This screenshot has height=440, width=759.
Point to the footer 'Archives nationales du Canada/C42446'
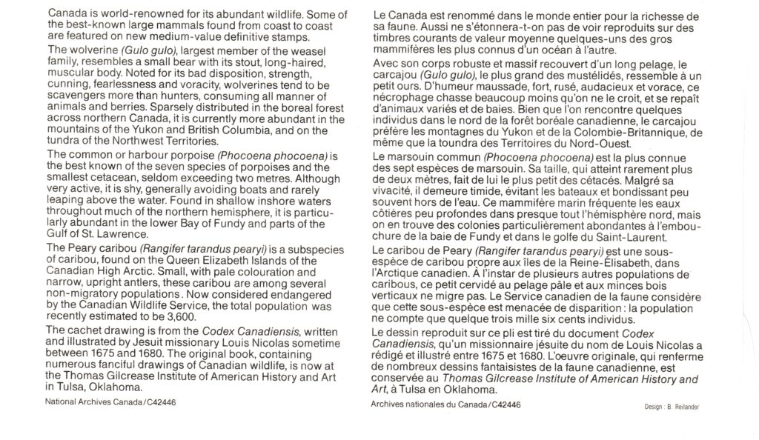click(x=445, y=404)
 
